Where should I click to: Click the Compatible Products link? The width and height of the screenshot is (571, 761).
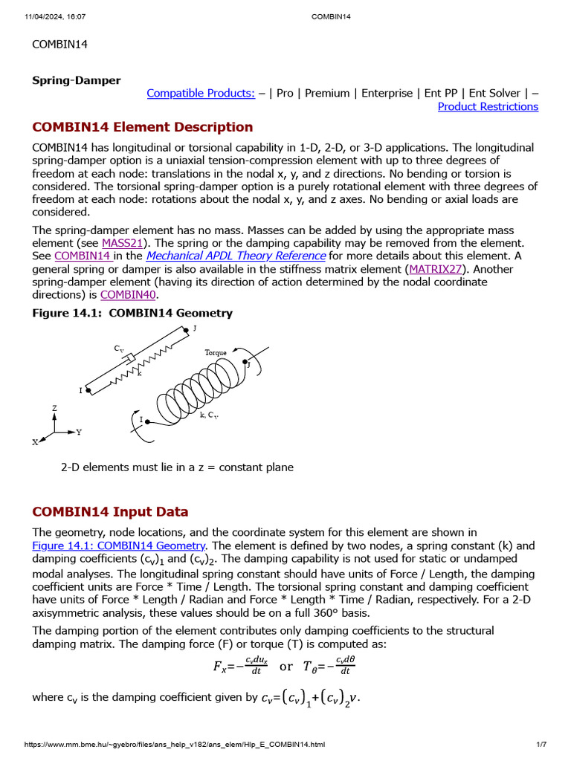point(201,93)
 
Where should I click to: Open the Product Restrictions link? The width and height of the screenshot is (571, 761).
point(488,106)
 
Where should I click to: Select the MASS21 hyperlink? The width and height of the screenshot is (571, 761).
point(122,243)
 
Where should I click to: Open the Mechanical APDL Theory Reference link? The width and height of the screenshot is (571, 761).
point(236,256)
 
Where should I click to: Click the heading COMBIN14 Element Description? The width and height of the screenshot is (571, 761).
point(142,127)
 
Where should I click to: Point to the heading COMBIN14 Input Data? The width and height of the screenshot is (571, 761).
point(110,512)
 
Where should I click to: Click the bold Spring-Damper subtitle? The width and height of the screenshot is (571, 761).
point(76,80)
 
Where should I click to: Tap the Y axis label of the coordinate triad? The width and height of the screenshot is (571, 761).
point(79,432)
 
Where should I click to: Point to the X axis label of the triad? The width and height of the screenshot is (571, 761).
point(35,442)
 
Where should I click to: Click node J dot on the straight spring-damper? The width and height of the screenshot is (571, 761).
point(186,331)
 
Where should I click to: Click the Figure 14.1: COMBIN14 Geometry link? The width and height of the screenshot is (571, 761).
point(118,545)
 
